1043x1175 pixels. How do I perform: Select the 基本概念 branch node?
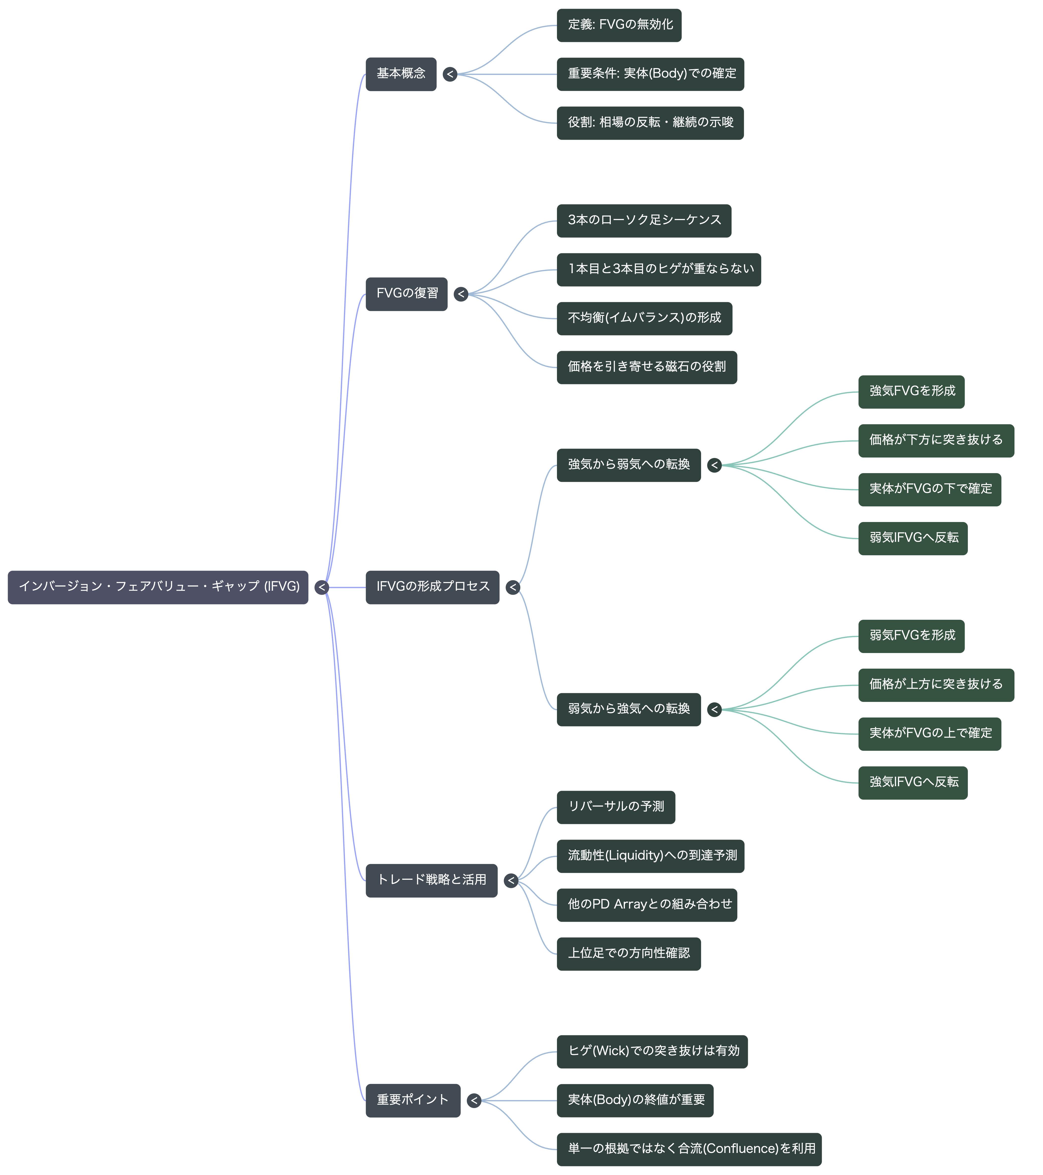(401, 74)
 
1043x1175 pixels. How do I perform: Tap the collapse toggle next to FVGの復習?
(461, 294)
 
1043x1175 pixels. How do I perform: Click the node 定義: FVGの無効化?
(619, 25)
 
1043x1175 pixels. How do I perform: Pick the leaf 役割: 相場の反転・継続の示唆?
(650, 123)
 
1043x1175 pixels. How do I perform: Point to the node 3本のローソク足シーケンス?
(644, 221)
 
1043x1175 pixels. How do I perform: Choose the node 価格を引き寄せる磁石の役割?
(646, 367)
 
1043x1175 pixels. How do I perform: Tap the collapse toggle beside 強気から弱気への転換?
(714, 465)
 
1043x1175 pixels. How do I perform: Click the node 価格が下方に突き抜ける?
(936, 441)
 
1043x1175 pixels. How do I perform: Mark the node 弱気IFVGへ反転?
(913, 539)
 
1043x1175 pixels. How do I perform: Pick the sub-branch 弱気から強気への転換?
(629, 709)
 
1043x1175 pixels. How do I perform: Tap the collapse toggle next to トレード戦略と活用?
(511, 881)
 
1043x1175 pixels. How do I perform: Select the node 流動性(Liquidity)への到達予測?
(650, 856)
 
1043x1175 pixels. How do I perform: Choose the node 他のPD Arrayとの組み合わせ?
(646, 905)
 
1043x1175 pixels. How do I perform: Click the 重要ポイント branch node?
(413, 1100)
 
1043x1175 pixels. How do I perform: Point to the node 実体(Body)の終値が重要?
(635, 1100)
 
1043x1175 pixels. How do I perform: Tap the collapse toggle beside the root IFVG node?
(322, 587)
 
